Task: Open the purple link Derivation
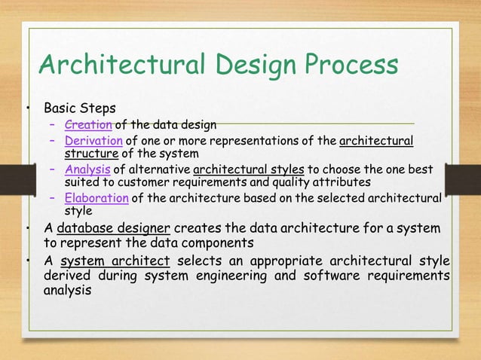[93, 141]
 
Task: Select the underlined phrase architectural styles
[236, 169]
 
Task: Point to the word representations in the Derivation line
[261, 141]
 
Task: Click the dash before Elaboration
[53, 198]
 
